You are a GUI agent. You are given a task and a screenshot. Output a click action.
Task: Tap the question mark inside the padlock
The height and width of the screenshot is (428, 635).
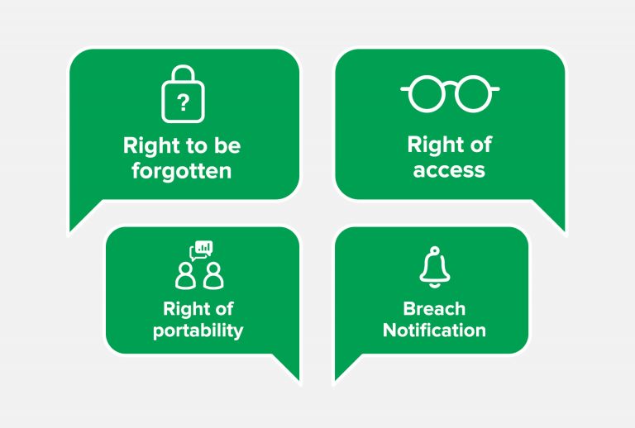click(184, 102)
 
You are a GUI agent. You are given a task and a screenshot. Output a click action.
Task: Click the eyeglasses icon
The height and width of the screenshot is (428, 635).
click(450, 93)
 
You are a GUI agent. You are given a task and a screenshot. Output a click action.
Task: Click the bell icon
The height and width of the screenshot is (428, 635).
click(435, 267)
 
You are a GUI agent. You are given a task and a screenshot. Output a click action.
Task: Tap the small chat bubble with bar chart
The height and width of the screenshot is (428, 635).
click(201, 250)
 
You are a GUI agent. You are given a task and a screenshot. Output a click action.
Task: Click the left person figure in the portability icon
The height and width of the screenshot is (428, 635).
click(185, 276)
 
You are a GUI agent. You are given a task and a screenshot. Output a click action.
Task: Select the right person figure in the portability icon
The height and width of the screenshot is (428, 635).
click(213, 276)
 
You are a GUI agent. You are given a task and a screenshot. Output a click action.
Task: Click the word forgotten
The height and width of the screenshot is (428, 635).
click(182, 171)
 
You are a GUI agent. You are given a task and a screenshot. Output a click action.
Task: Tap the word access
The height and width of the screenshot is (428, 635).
click(449, 170)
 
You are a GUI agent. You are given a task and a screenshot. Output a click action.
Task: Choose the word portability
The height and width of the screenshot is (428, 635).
click(198, 331)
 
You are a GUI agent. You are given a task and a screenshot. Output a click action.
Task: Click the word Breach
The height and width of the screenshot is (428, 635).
click(434, 309)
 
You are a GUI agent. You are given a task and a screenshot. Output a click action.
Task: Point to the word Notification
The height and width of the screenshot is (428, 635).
click(434, 331)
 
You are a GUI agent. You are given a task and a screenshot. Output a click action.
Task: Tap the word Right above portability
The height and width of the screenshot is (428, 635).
click(182, 310)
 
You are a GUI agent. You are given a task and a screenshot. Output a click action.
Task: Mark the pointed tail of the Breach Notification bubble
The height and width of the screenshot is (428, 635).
click(337, 380)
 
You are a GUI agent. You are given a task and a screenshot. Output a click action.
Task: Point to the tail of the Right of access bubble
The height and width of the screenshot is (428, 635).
click(564, 231)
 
